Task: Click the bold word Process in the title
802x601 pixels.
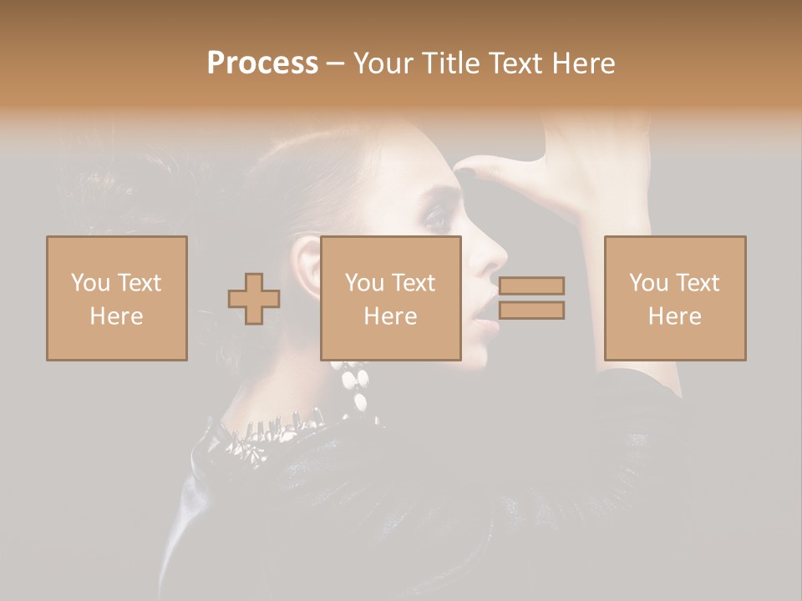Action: pyautogui.click(x=262, y=63)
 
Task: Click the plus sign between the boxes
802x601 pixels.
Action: pyautogui.click(x=254, y=299)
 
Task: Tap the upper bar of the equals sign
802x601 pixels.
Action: pyautogui.click(x=531, y=285)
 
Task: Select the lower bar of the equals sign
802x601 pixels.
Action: pyautogui.click(x=531, y=311)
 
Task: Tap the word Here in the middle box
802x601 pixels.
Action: pyautogui.click(x=391, y=316)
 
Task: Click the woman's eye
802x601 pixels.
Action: pyautogui.click(x=436, y=219)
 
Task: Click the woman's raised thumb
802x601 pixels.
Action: pyautogui.click(x=489, y=167)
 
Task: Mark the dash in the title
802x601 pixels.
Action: pyautogui.click(x=336, y=63)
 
